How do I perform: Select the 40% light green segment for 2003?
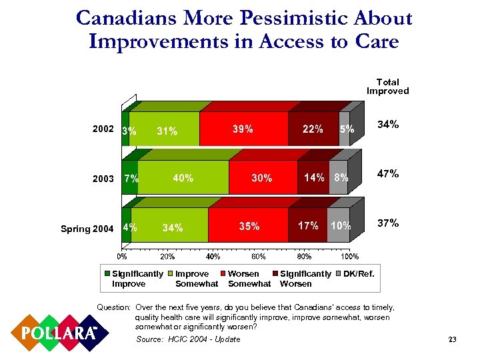click(x=183, y=178)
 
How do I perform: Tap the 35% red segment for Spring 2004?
click(x=249, y=226)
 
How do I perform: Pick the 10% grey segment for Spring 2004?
click(x=341, y=226)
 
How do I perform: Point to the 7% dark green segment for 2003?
click(x=131, y=178)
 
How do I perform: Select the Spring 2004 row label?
click(x=87, y=229)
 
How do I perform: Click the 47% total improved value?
click(x=388, y=173)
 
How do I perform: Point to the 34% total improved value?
click(x=388, y=124)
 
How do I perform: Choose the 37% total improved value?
click(x=388, y=223)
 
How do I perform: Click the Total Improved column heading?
click(x=387, y=87)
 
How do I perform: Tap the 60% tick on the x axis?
click(x=259, y=257)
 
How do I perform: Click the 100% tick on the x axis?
click(x=350, y=257)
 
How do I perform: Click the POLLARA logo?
click(x=56, y=332)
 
